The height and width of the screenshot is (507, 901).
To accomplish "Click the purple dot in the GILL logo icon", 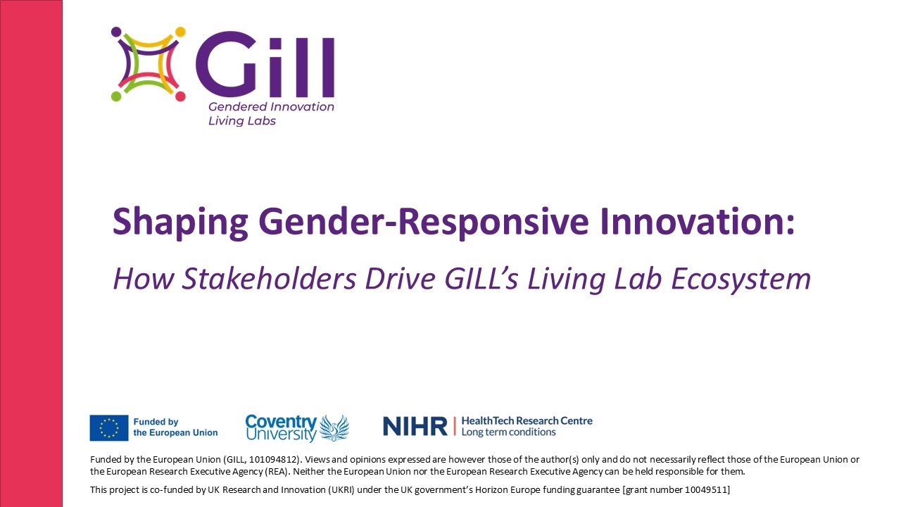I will click(116, 32).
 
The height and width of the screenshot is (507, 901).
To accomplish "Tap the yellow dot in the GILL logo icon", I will click(180, 32).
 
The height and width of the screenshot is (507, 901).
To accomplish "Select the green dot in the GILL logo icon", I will click(116, 96).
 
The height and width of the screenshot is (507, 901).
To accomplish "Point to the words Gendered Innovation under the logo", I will click(271, 107).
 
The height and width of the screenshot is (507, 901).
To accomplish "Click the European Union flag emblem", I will click(108, 427).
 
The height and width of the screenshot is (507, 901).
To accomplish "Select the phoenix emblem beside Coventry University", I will click(334, 427).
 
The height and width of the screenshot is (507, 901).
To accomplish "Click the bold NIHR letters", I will click(415, 426).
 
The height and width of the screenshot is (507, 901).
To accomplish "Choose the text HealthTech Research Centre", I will click(527, 420).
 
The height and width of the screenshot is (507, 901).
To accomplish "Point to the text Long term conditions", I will click(508, 432).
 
